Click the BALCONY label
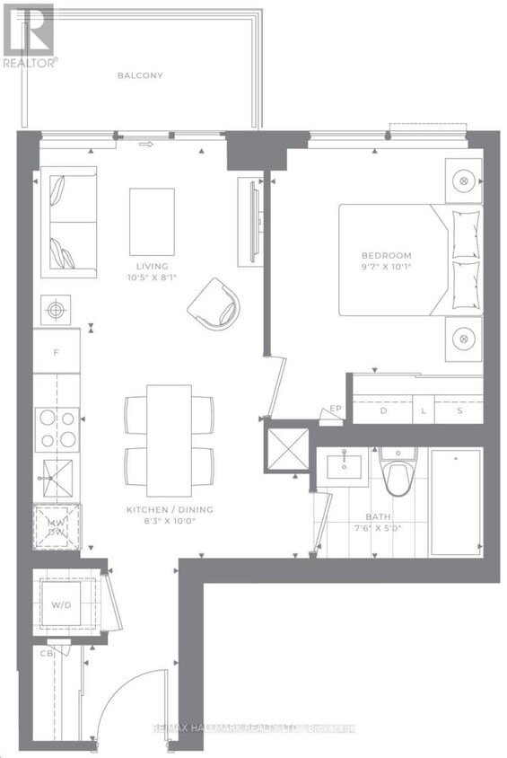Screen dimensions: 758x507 140,75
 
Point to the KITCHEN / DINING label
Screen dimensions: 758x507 170,510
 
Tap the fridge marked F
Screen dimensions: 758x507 56,351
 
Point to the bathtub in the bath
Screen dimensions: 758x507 456,503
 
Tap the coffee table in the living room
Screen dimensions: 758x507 152,221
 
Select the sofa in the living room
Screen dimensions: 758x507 68,222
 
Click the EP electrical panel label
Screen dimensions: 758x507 336,409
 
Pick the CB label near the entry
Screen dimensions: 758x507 46,653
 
